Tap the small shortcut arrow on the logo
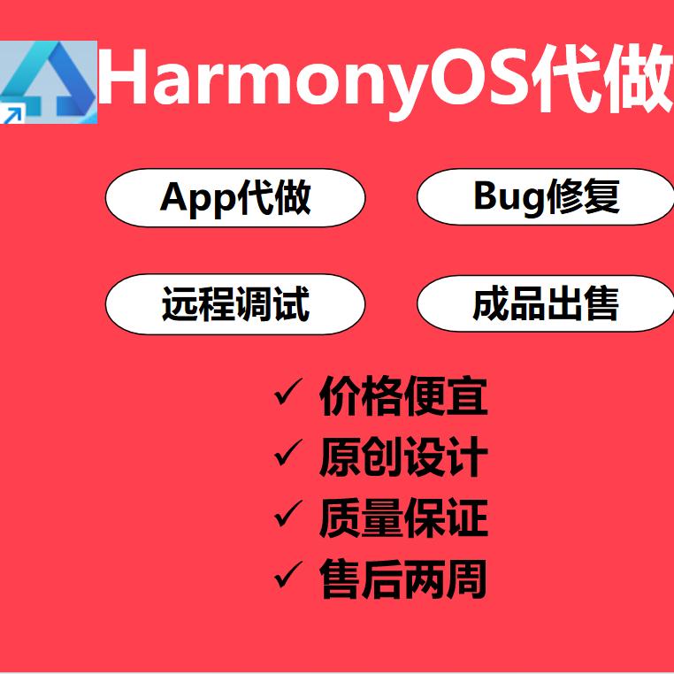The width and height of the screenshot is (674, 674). tap(11, 113)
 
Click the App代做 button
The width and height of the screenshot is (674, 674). tap(235, 198)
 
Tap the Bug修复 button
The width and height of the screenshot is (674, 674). tap(545, 196)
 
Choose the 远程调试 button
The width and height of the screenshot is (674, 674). tap(235, 304)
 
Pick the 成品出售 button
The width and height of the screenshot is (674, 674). tap(545, 304)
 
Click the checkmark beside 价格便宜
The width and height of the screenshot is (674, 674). tap(288, 394)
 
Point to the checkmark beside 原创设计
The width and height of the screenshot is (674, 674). tap(288, 456)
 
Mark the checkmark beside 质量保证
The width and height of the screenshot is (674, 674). tap(288, 516)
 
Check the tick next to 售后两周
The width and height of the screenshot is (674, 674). tap(288, 578)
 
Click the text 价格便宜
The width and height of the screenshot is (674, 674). tap(403, 396)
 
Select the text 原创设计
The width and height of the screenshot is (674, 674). tap(403, 457)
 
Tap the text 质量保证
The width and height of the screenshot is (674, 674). tap(403, 518)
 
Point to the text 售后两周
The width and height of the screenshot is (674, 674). tap(403, 580)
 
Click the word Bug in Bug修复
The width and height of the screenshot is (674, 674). tap(508, 198)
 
